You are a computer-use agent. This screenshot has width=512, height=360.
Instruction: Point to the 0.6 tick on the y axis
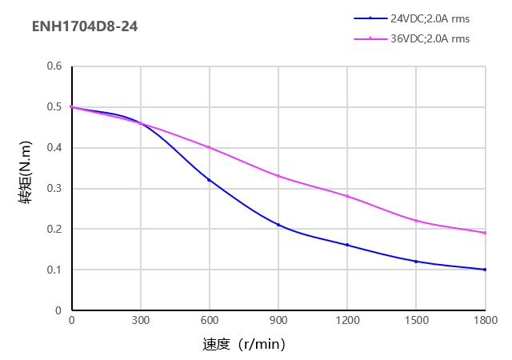[x=54, y=66]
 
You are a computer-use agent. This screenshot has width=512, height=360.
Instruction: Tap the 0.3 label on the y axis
[x=54, y=188]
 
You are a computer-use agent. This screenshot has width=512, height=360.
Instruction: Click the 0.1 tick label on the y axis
[x=54, y=270]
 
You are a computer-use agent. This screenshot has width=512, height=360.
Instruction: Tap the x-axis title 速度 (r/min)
[x=244, y=345]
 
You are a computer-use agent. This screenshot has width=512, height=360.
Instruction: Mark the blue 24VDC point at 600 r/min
[x=210, y=180]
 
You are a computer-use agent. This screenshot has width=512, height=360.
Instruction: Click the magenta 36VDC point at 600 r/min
[x=210, y=147]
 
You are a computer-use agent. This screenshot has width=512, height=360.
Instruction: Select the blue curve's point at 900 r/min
[x=278, y=225]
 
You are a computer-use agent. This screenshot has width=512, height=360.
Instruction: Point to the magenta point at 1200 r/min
[x=347, y=196]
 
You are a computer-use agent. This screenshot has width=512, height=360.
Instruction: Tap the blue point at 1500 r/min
[x=416, y=262]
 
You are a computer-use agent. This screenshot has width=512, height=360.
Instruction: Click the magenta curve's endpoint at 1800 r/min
[x=485, y=233]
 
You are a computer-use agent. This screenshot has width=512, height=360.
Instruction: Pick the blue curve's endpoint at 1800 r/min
[x=485, y=270]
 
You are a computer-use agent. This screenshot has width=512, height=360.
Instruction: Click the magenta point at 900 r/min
[x=278, y=176]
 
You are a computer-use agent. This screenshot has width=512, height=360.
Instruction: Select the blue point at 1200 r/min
[x=347, y=245]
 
